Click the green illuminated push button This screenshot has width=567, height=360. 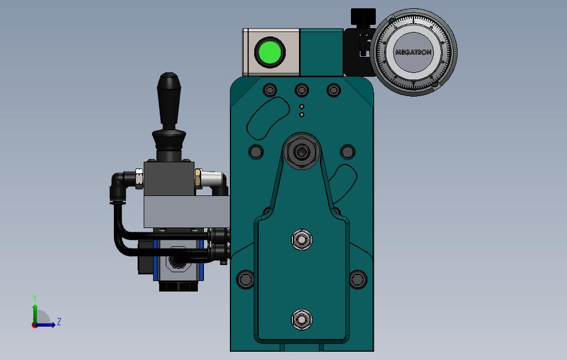(270, 53)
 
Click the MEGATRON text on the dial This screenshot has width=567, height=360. (413, 52)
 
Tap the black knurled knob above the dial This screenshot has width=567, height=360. (363, 17)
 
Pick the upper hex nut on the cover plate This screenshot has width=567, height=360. (301, 240)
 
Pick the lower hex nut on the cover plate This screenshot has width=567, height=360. (301, 319)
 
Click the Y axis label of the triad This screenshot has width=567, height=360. (35, 298)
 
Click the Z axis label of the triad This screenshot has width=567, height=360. (59, 321)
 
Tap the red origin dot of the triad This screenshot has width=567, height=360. (34, 325)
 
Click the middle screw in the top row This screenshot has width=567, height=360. (301, 89)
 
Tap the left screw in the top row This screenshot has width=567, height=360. (270, 89)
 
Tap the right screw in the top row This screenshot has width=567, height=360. (333, 89)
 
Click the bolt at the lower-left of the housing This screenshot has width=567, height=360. (245, 279)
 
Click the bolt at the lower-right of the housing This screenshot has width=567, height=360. (358, 279)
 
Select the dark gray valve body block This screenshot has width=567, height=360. (169, 178)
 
